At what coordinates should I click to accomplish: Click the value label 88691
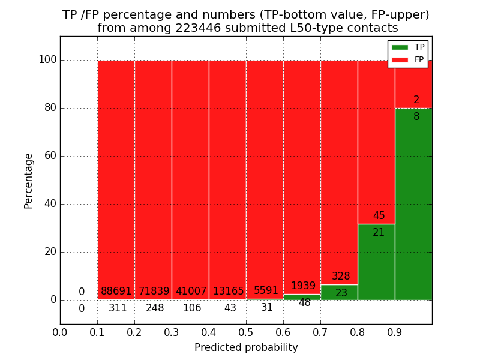(x=116, y=292)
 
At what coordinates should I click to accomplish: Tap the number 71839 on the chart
(x=154, y=292)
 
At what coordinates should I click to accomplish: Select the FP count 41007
(x=191, y=292)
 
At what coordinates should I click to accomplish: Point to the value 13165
(x=228, y=292)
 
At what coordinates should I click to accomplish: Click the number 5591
(x=266, y=291)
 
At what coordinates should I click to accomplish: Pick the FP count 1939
(x=303, y=286)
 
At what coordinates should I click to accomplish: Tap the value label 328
(x=341, y=277)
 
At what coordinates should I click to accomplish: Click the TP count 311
(x=118, y=308)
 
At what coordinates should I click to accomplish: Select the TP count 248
(x=155, y=308)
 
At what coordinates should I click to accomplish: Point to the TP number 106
(x=192, y=308)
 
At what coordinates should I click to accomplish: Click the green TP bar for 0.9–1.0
(x=413, y=204)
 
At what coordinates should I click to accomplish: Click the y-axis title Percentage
(x=29, y=181)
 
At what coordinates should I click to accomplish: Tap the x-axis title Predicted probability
(x=246, y=348)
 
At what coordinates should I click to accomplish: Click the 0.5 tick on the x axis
(x=246, y=332)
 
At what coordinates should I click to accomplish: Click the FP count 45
(x=379, y=216)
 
